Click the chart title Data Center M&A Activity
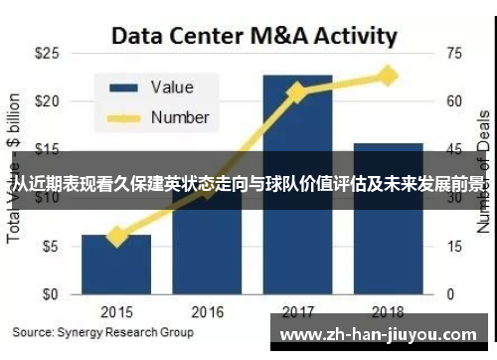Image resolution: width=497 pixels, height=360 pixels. [253, 37]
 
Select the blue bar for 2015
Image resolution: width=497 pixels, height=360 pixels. [117, 265]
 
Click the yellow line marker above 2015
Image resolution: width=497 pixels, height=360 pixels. [117, 236]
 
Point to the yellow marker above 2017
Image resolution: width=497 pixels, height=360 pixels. [296, 92]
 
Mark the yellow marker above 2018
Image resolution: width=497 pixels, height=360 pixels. [388, 76]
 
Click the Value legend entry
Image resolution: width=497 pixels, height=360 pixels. [172, 88]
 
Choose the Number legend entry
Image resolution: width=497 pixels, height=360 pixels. [179, 117]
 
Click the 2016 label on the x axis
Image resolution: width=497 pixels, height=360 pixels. [207, 311]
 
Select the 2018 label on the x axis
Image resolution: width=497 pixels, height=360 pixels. [388, 311]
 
